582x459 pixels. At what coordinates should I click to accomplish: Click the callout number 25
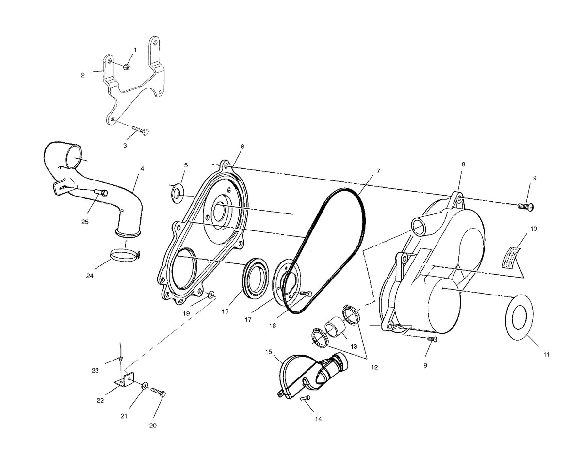(x=85, y=222)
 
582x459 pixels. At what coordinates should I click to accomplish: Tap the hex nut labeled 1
(x=126, y=66)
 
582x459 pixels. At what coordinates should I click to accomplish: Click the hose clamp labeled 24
(x=126, y=256)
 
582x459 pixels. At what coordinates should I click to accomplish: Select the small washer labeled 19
(x=211, y=294)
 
